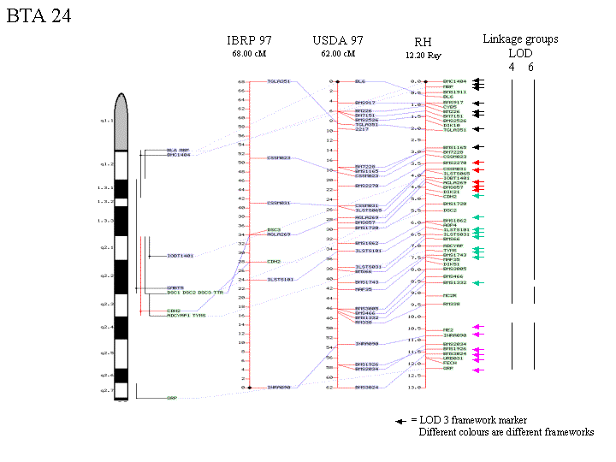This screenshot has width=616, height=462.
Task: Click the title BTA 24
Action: pos(39,16)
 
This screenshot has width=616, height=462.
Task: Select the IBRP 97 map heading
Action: pos(250,40)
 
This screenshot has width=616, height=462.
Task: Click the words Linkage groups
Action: pos(520,38)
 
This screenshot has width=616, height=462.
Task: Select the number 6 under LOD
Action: pos(530,67)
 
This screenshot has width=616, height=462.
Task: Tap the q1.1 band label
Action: pos(106,121)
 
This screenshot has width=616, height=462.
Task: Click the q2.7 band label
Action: pos(106,390)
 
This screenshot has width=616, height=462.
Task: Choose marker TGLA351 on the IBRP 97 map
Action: pos(279,81)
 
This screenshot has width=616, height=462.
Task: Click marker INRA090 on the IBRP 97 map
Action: pos(279,388)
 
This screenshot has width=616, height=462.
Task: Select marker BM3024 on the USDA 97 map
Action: pos(366,388)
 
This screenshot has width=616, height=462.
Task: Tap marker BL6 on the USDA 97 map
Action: pos(359,81)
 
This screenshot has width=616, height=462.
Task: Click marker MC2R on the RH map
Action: pos(449,295)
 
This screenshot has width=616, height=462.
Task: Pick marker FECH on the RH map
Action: pos(449,364)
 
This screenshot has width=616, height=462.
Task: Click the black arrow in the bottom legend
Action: pos(400,421)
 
